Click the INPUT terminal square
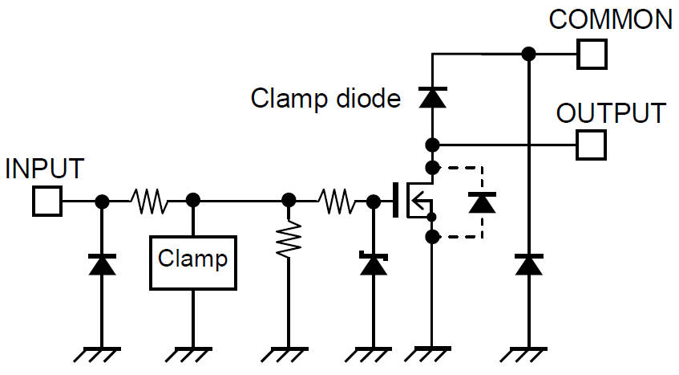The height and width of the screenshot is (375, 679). click(47, 201)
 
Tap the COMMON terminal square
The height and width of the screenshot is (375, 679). click(592, 54)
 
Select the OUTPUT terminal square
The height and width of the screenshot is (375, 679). click(592, 145)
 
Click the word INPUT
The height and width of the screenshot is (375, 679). click(44, 169)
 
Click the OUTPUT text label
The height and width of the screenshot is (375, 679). click(611, 113)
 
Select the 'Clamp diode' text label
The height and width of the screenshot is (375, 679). click(325, 99)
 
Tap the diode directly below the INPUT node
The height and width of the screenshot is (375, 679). click(101, 263)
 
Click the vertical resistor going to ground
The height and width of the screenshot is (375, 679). click(288, 239)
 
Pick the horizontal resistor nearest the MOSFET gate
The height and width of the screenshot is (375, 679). click(334, 201)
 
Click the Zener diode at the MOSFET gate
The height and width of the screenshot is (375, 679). click(373, 263)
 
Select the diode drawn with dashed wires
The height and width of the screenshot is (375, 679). click(481, 202)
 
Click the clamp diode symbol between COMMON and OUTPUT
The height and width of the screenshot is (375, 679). click(432, 98)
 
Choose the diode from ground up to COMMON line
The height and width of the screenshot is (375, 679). click(527, 263)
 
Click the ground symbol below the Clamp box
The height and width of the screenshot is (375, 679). click(192, 354)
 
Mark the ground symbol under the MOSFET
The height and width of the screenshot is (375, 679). click(432, 354)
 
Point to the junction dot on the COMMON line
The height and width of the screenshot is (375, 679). click(527, 54)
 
